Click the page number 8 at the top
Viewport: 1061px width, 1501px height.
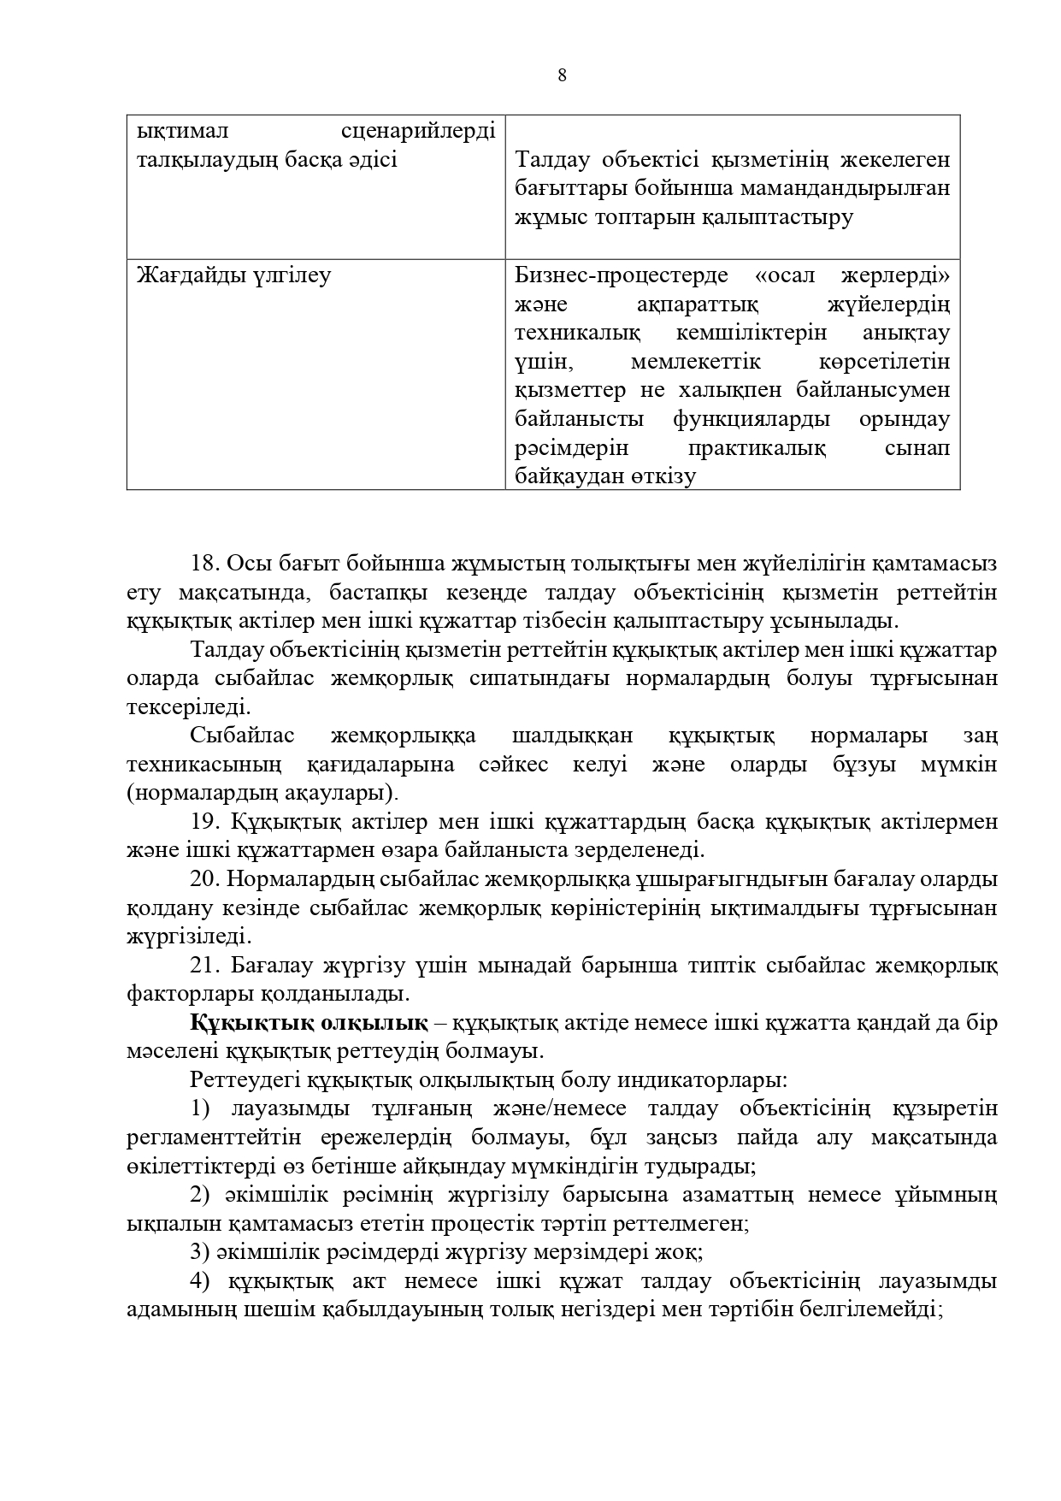coord(562,75)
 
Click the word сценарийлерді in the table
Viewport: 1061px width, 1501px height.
coord(418,132)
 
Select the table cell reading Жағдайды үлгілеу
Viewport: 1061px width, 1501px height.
coord(233,276)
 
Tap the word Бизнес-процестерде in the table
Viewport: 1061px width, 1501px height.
coord(622,276)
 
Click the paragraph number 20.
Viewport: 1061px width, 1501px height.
coord(206,879)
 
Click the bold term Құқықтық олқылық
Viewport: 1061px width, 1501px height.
coord(309,1023)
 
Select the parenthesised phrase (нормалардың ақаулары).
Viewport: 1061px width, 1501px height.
coord(262,793)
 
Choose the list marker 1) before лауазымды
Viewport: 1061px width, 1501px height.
coord(200,1109)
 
